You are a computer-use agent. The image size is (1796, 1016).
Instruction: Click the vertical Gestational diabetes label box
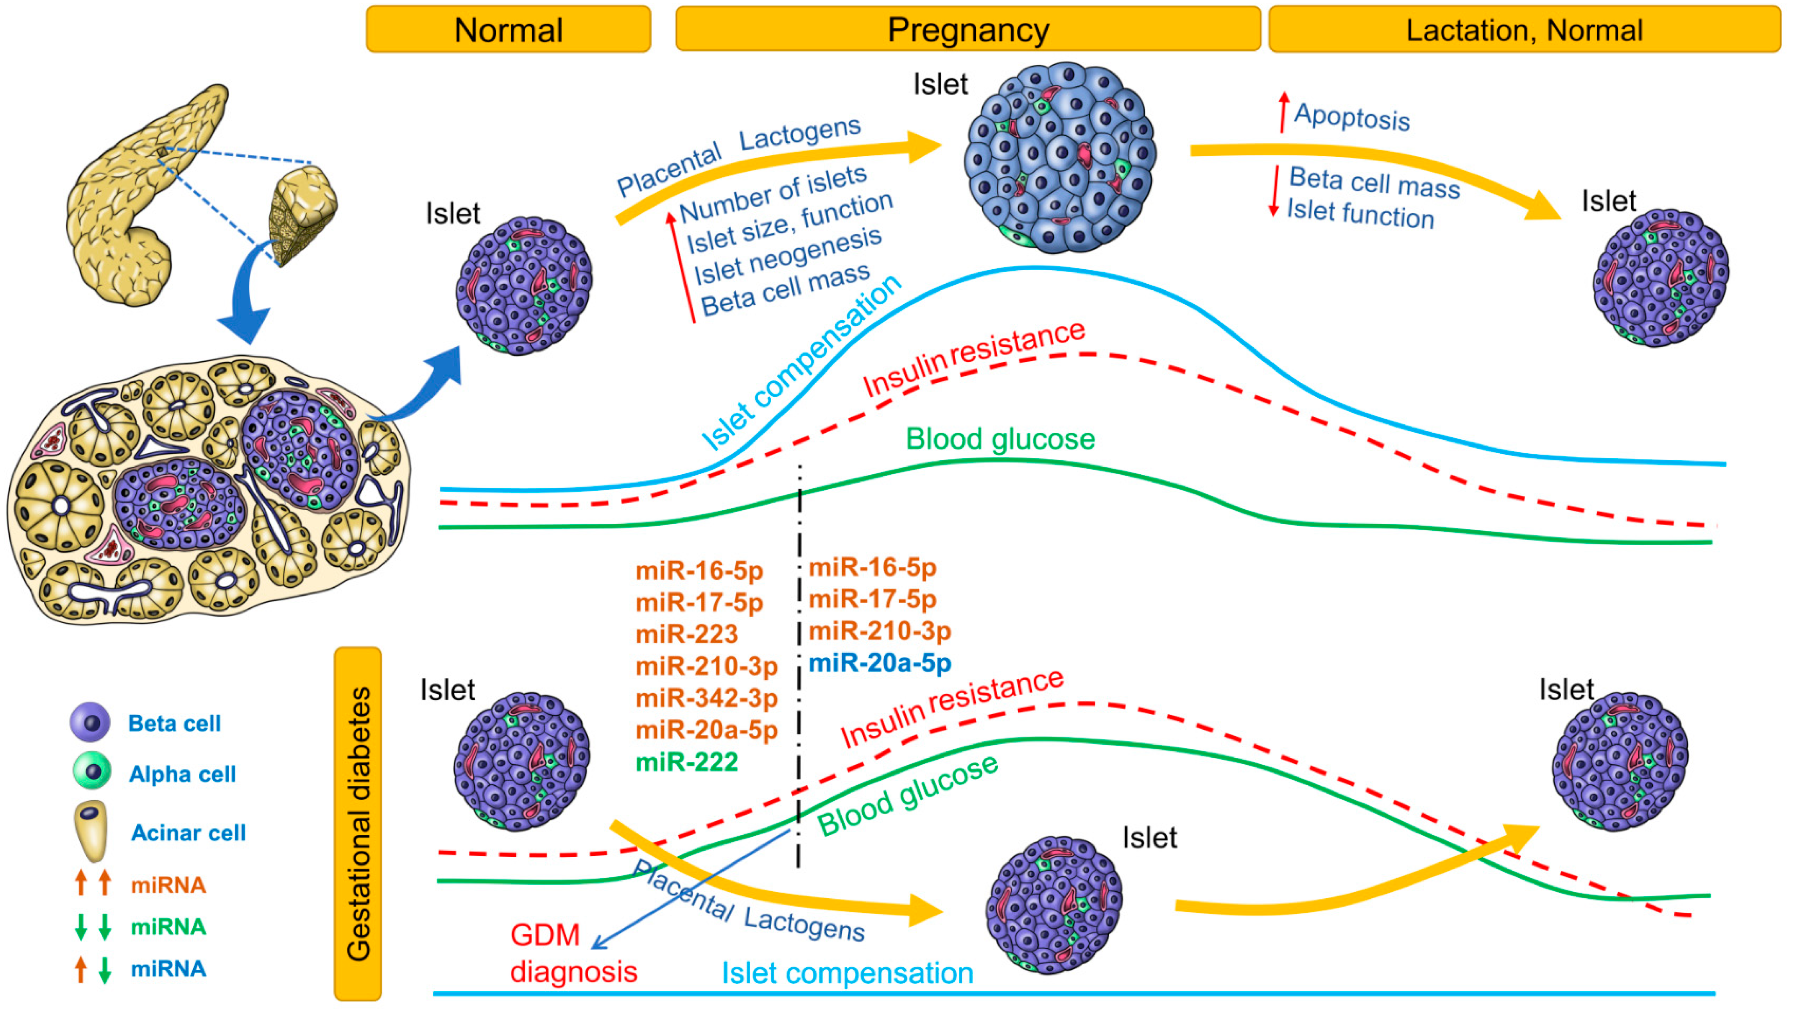358,824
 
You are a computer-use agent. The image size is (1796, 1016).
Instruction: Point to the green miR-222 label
687,762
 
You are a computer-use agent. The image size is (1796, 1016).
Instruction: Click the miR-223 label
687,634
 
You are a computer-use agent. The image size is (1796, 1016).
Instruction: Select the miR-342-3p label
706,698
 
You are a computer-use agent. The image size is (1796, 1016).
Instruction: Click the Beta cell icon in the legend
90,722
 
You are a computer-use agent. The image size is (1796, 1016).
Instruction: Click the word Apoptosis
1352,117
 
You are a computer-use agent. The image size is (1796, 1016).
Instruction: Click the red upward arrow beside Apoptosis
1283,112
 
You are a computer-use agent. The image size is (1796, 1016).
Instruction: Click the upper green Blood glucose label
1000,439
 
